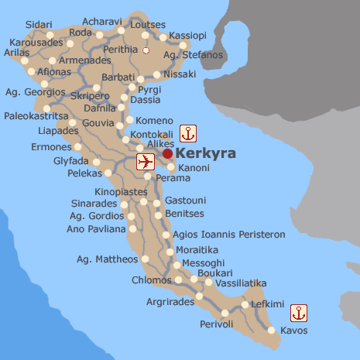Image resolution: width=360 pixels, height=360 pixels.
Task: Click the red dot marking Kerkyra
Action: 168,153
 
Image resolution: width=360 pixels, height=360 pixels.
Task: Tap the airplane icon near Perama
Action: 145,161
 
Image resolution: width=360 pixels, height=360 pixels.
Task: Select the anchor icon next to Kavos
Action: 299,314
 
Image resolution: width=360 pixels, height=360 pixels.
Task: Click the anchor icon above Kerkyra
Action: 188,132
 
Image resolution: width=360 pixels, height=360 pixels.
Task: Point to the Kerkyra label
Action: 206,153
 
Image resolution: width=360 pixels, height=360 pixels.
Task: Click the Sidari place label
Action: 39,25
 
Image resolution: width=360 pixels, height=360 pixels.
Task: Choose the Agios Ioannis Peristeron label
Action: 230,235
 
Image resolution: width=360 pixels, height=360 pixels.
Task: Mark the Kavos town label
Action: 294,331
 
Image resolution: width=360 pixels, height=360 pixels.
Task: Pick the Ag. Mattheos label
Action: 108,259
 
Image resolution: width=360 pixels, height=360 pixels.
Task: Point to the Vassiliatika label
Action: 241,283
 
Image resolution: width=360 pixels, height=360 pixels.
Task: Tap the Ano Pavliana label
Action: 96,228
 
